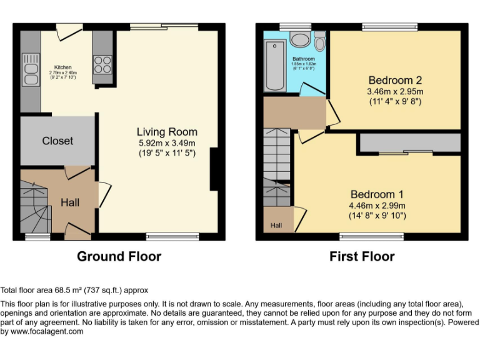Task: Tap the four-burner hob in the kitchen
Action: [x=102, y=66]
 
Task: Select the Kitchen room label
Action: [x=62, y=67]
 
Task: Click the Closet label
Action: [x=57, y=141]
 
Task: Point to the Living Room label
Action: [x=167, y=132]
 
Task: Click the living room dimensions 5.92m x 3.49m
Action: [x=167, y=143]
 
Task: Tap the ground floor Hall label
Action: [x=70, y=202]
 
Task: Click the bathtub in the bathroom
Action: [x=274, y=66]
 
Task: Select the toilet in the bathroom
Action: [x=320, y=42]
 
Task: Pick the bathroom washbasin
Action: [x=300, y=40]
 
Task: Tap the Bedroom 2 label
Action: [x=394, y=80]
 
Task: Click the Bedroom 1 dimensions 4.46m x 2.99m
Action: [x=377, y=206]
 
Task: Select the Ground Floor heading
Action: [x=119, y=256]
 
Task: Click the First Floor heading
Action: [x=362, y=256]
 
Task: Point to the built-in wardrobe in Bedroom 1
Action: [x=409, y=144]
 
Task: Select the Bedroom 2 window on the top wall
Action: [x=390, y=27]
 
